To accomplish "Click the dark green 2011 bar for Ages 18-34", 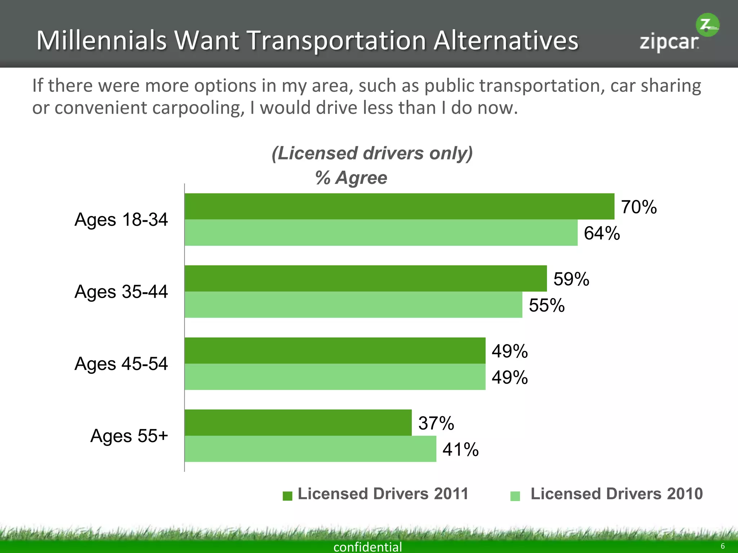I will point(399,206).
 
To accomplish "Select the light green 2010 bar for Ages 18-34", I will point(381,233).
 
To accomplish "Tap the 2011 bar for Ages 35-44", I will point(365,278).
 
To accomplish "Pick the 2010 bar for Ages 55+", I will point(310,449).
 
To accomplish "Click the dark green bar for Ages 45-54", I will point(335,350).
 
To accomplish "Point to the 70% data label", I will point(639,207).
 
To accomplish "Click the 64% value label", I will point(602,233).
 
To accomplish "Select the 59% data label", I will point(571,279).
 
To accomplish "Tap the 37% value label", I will point(436,423).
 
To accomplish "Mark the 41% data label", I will point(461,449).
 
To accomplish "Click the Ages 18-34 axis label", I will point(121,220).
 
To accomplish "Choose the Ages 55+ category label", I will point(129,436).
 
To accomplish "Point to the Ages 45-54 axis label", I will point(121,364).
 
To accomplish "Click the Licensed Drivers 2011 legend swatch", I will point(288,496).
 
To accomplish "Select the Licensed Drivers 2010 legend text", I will point(616,494).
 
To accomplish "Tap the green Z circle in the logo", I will point(707,25).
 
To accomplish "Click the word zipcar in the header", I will point(669,42).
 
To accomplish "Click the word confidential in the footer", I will point(368,547).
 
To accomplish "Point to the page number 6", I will point(723,546).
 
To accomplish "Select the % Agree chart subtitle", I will point(351,178).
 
